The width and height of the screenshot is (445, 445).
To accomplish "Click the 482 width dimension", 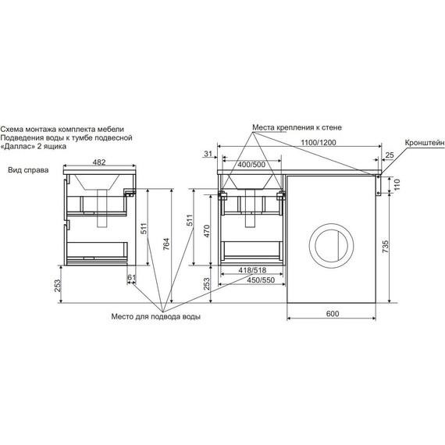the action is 99,162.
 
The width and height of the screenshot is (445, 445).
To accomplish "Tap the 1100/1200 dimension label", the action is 319,142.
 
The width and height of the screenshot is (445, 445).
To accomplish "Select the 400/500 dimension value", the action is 251,164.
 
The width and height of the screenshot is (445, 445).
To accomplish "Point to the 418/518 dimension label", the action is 252,270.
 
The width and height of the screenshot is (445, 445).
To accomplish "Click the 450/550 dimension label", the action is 261,280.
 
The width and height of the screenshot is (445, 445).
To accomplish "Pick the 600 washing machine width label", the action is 333,314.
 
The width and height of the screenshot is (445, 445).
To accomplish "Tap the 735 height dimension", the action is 385,247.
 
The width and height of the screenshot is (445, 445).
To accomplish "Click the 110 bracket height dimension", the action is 397,184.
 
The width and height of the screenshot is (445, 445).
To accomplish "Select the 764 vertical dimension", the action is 166,244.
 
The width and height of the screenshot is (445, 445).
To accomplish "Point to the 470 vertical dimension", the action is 207,231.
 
